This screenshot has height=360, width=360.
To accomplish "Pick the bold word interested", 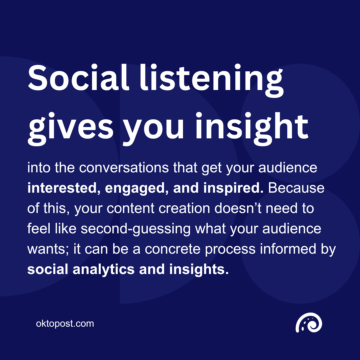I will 63,188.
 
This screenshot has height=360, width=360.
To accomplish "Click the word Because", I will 296,188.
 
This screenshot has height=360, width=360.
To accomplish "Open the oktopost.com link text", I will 65,323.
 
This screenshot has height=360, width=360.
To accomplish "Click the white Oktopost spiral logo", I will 309,323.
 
